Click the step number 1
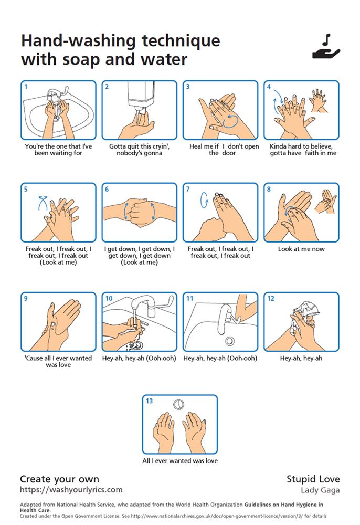26,87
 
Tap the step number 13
149,401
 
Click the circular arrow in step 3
231,121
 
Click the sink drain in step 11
229,341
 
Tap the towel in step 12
304,317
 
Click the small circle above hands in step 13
179,404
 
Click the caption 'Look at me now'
301,249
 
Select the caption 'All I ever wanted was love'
180,461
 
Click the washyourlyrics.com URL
71,490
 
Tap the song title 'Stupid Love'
313,479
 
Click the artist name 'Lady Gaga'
320,490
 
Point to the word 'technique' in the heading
181,41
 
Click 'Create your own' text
59,479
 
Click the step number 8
269,189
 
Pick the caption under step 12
301,358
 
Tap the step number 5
26,189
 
